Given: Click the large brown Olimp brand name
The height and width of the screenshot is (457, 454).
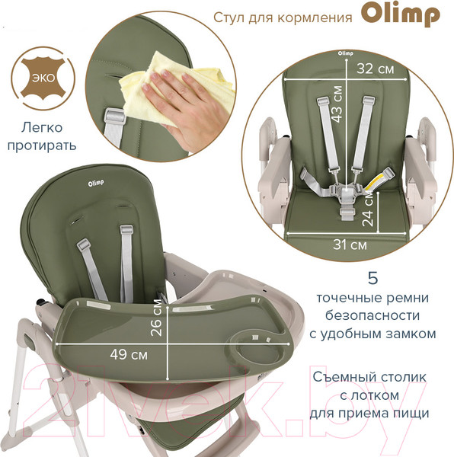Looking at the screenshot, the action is tap(401, 15).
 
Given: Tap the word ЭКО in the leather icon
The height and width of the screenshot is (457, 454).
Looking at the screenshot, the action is tap(43, 78).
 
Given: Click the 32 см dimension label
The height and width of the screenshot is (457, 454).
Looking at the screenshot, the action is tap(376, 69).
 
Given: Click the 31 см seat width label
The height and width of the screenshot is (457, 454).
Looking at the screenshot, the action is tap(350, 244).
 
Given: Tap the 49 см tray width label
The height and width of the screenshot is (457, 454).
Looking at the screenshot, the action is tap(129, 354).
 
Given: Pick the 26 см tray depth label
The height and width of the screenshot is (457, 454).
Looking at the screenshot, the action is tap(156, 318).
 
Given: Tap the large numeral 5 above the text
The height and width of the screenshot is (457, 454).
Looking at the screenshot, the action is tap(372, 278).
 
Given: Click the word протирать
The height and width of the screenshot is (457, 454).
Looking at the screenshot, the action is tap(42, 145).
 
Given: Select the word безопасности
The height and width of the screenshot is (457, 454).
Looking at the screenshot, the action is tap(372, 315).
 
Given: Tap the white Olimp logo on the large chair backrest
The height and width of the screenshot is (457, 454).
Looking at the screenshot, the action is tap(96, 184).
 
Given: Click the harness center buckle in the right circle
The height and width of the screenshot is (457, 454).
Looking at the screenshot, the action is tap(346, 192).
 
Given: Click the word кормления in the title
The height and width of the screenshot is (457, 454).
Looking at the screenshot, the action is tap(315, 18).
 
